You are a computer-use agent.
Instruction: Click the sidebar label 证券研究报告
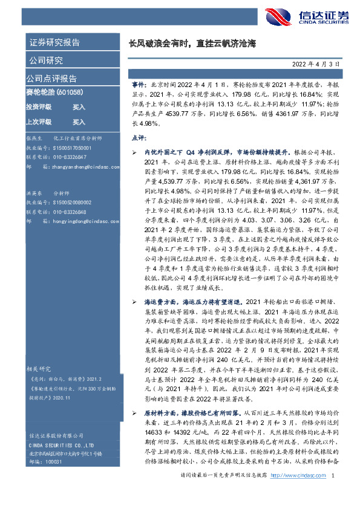(x=54, y=42)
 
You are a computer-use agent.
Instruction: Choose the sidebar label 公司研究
(x=45, y=60)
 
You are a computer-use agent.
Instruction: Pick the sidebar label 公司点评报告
(x=51, y=79)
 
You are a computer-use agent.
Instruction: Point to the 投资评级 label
(x=39, y=107)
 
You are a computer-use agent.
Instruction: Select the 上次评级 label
(x=39, y=122)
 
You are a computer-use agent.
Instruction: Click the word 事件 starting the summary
(x=139, y=86)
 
